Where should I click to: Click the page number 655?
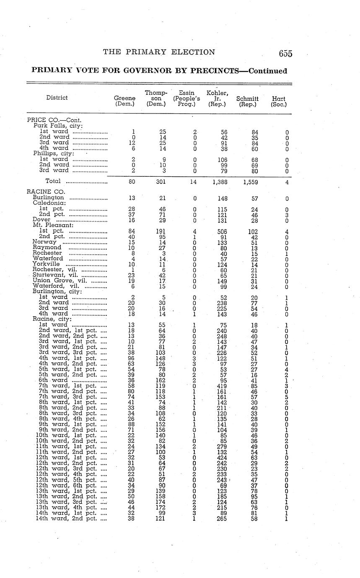285,54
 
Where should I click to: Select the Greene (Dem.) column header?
124,101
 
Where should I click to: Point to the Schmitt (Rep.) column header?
247,101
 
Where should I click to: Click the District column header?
57,98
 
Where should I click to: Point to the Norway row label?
44,242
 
